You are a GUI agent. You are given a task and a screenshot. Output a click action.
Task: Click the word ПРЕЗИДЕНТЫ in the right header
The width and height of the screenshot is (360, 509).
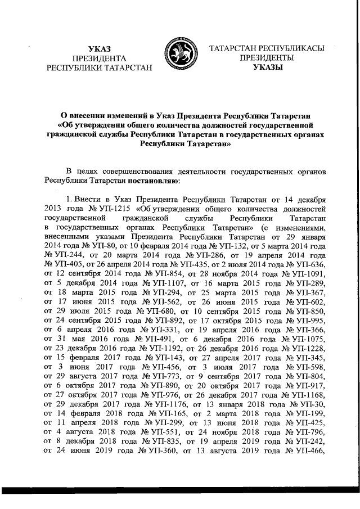point(266,58)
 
